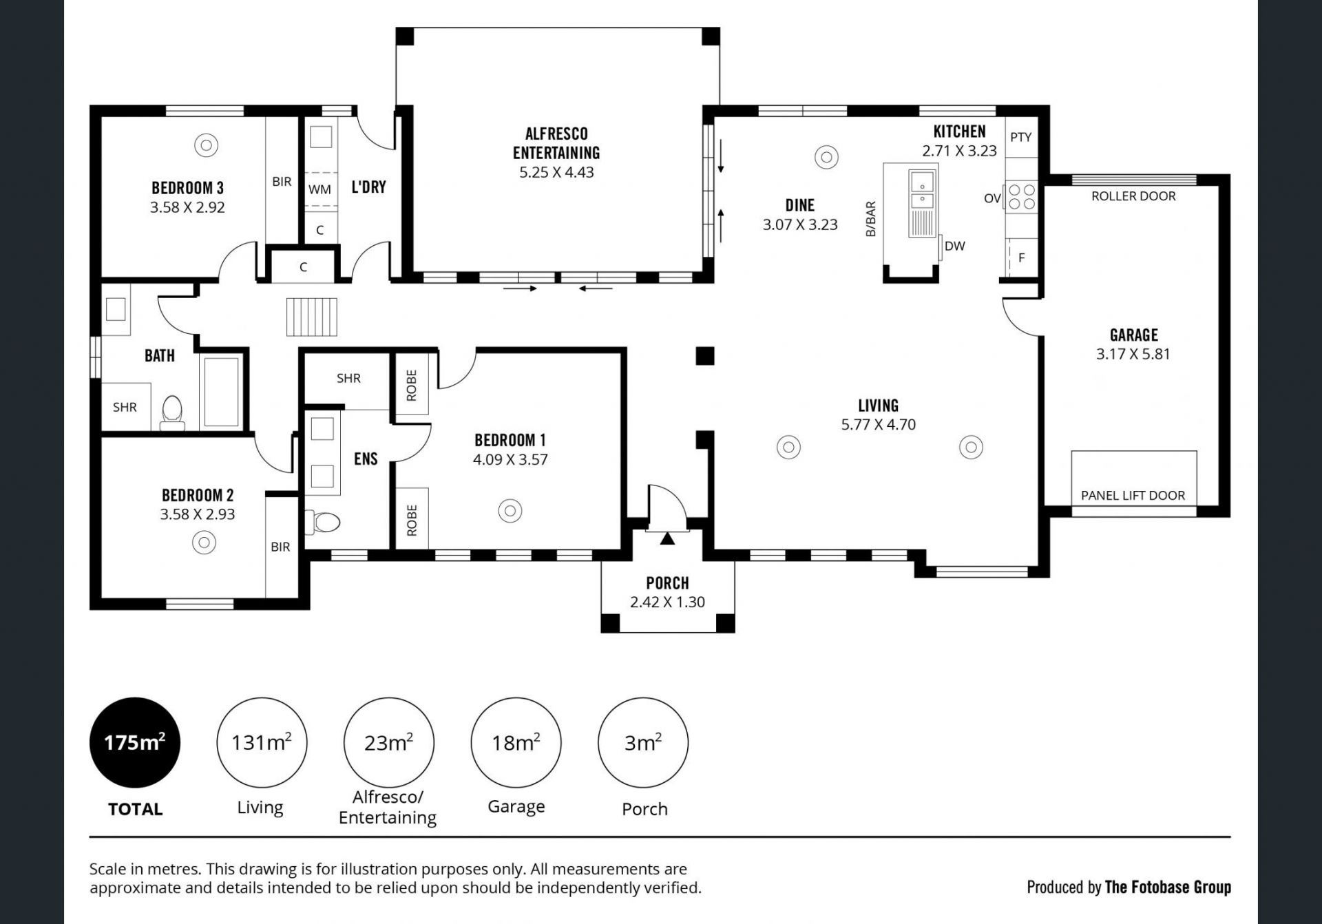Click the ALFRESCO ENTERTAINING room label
point(556,143)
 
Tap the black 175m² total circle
point(135,742)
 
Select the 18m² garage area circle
point(516,742)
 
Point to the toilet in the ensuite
point(324,522)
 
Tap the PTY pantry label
point(1020,137)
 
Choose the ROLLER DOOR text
point(1133,196)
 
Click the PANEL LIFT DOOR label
point(1133,495)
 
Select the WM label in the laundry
point(319,189)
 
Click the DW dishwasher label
point(955,246)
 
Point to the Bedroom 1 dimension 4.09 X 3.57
point(510,459)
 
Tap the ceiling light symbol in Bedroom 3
point(206,145)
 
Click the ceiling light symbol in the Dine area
point(826,157)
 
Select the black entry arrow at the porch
point(667,538)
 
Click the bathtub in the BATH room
point(221,392)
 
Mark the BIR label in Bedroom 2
point(280,547)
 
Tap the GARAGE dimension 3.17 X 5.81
point(1133,354)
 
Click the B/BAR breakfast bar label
point(871,219)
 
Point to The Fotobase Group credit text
point(1168,887)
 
